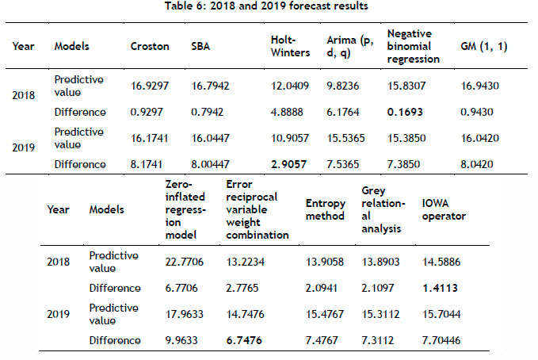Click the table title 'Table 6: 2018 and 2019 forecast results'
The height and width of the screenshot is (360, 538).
pyautogui.click(x=269, y=8)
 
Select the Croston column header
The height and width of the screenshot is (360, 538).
pyautogui.click(x=150, y=47)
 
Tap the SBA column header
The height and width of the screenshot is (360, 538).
pyautogui.click(x=201, y=47)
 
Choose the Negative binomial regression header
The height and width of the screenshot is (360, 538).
pyautogui.click(x=414, y=47)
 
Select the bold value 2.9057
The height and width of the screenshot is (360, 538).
pyautogui.click(x=286, y=164)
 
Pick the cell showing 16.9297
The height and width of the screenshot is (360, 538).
pyautogui.click(x=150, y=86)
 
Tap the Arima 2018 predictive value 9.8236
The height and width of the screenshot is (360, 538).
pyautogui.click(x=343, y=86)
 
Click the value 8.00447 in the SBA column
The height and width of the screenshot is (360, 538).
pyautogui.click(x=210, y=164)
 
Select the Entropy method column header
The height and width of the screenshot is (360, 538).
pyautogui.click(x=325, y=210)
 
